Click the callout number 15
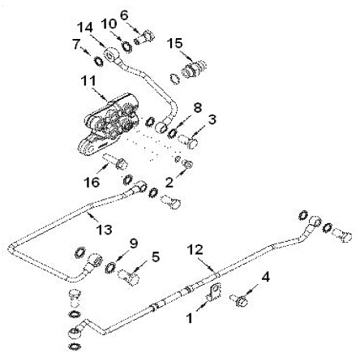(174, 43)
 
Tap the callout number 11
(89, 81)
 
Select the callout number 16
(92, 182)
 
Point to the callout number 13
(105, 230)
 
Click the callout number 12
(195, 249)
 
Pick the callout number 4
(266, 277)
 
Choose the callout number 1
(190, 318)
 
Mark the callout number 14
(85, 28)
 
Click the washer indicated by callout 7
(98, 62)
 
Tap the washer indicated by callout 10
(126, 47)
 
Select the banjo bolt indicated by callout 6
(144, 37)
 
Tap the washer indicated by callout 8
(172, 133)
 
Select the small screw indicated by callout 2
(187, 163)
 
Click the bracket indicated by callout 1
(214, 292)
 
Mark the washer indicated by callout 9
(109, 268)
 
